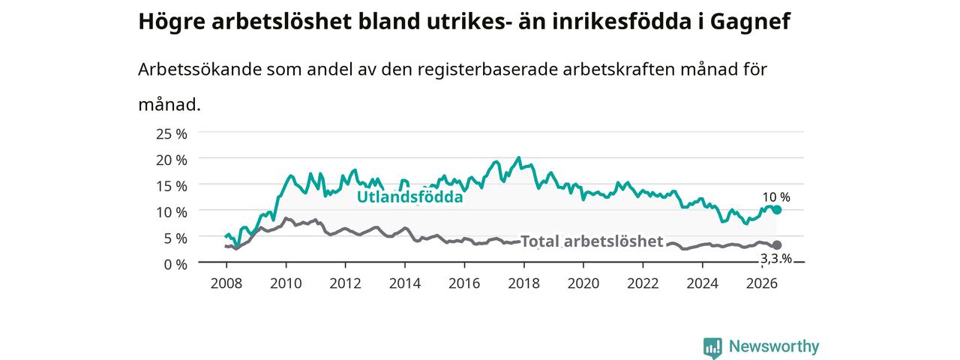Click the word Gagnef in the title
coord(750,22)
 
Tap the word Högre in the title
coord(172,22)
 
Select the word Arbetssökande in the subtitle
coord(199,70)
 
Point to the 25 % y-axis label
coord(172,133)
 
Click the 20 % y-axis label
coord(172,160)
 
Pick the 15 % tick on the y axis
coord(172,186)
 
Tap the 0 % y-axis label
coord(175,265)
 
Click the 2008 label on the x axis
coord(226,283)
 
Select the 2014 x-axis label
coord(404,283)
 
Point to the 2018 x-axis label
coord(523,283)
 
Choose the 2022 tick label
coord(643,283)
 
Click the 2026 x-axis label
coord(762,283)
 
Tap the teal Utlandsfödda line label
coord(410,196)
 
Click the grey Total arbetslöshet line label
coord(592,241)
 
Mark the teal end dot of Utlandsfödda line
coord(776,209)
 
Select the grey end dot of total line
coord(776,244)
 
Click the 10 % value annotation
coord(776,197)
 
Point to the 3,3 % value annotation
coord(776,259)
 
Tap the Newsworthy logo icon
coord(712,347)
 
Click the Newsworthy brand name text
coord(774,346)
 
